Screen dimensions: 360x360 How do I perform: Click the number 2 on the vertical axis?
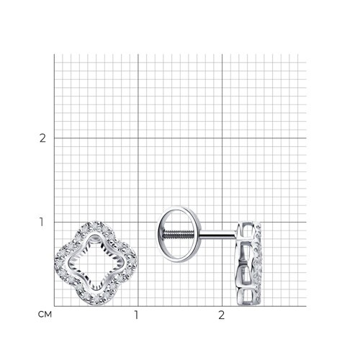pos(42,138)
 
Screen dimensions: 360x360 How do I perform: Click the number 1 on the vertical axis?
pos(42,222)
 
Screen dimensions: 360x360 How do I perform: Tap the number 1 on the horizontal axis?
pos(136,315)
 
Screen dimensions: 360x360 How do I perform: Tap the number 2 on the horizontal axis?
pos(221,315)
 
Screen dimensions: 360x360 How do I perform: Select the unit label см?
pos(45,315)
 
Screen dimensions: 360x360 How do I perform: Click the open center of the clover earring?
pos(96,264)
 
